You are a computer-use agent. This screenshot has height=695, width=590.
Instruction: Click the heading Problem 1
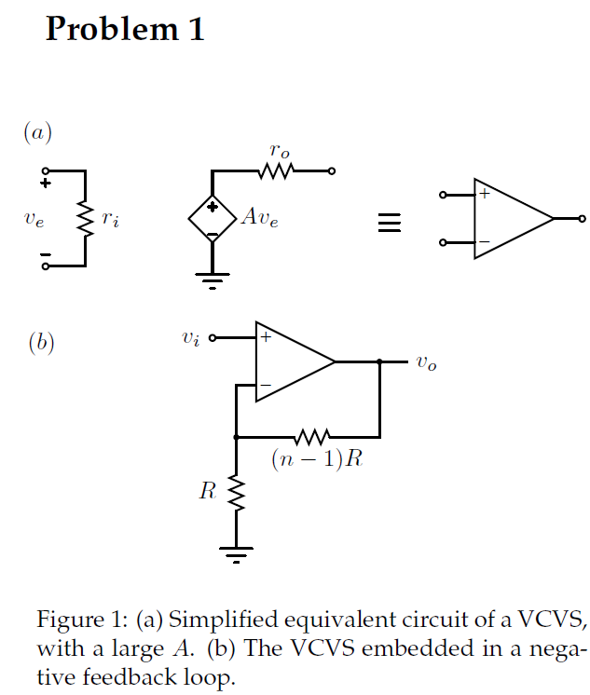point(125,29)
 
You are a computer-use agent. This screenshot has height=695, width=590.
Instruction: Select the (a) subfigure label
point(38,133)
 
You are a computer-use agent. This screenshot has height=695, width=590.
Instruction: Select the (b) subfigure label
point(41,343)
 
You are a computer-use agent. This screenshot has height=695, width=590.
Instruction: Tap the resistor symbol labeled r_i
point(86,220)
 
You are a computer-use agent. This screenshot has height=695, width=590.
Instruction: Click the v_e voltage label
point(34,220)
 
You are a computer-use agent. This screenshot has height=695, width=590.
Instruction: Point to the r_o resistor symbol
point(277,171)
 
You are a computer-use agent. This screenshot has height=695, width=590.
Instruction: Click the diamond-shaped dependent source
point(213,220)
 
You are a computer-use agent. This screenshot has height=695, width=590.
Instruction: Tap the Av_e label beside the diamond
point(258,219)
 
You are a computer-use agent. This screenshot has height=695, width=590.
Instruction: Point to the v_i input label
point(190,338)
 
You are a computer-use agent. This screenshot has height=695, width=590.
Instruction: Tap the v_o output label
point(426,363)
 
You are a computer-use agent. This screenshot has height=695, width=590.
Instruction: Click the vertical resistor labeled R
point(237,494)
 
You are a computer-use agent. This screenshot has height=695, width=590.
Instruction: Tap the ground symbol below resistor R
point(237,554)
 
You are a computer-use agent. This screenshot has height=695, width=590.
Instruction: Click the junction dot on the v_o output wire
point(380,361)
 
